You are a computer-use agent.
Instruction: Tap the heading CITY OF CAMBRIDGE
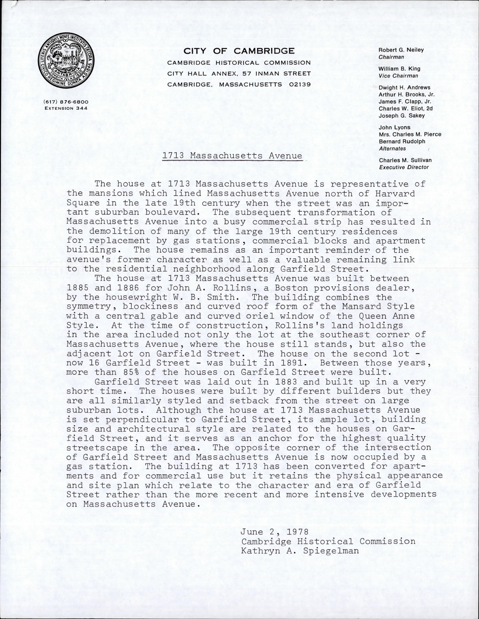(x=239, y=51)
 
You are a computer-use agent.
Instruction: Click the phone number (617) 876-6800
(x=66, y=102)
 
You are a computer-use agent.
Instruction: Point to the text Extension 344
(x=66, y=108)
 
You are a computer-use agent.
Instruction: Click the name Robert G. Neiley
(x=401, y=50)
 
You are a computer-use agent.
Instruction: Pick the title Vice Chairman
(x=398, y=76)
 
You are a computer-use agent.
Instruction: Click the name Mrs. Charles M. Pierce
(x=410, y=134)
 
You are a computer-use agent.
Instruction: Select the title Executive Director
(x=403, y=167)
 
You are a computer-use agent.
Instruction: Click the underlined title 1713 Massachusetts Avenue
(x=232, y=156)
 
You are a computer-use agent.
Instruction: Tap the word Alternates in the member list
(x=392, y=149)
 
